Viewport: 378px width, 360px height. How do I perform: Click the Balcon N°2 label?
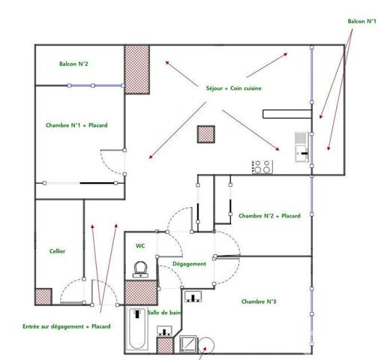coord(74,64)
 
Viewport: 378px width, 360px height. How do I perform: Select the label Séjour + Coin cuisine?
coord(234,88)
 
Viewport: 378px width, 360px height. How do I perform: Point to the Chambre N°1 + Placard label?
coord(76,125)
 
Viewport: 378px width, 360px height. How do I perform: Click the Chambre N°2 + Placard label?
coord(269,216)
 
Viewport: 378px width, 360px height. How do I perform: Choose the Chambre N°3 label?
coord(259,301)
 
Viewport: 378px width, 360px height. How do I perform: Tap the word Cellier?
coord(57,251)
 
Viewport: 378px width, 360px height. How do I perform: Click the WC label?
coord(140,245)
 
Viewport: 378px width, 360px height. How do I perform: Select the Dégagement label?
coord(189,264)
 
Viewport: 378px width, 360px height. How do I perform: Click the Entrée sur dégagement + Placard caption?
coord(67,327)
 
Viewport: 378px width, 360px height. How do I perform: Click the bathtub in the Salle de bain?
coord(136,329)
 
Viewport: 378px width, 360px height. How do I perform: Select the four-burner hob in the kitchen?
coord(262,167)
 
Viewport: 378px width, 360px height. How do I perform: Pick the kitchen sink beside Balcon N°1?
coord(301,147)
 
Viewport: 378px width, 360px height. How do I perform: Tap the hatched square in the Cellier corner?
coord(43,296)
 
